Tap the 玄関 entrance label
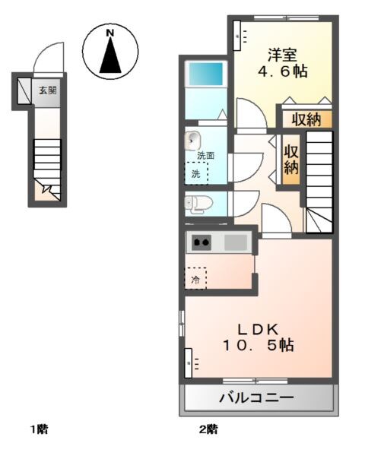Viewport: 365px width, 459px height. (48, 90)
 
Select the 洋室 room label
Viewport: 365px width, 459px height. (281, 55)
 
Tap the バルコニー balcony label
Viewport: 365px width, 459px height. (257, 397)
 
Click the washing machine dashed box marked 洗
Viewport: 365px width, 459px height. (196, 174)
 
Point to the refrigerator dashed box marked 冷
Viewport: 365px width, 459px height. (195, 279)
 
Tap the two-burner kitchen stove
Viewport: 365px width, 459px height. (202, 242)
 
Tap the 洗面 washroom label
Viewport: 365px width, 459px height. (205, 156)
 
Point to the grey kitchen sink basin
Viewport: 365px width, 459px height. (236, 242)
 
